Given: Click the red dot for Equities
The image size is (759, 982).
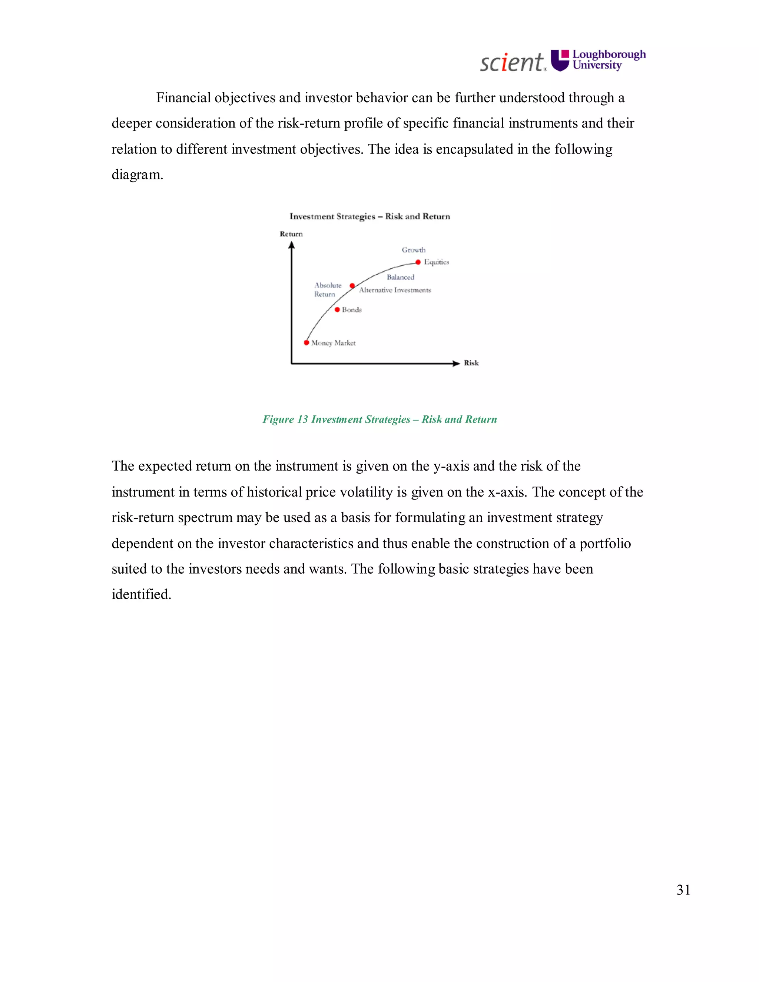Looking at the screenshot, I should pyautogui.click(x=418, y=262).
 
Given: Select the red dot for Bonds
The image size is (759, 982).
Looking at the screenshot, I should pyautogui.click(x=337, y=309).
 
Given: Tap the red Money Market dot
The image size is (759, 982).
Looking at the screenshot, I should pyautogui.click(x=306, y=343).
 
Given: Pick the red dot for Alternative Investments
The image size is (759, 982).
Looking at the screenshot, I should pyautogui.click(x=352, y=285).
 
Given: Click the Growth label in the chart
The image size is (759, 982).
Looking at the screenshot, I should pyautogui.click(x=413, y=250).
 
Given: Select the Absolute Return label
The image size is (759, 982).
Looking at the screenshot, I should pyautogui.click(x=327, y=289).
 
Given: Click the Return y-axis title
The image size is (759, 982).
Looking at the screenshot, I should pyautogui.click(x=291, y=234).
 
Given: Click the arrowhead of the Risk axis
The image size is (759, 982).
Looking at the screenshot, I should pyautogui.click(x=456, y=363).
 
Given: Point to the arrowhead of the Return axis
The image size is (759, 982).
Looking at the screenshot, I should pyautogui.click(x=291, y=245).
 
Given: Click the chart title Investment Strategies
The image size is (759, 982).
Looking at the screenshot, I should pyautogui.click(x=369, y=216).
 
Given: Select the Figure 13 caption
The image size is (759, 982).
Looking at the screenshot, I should pyautogui.click(x=379, y=419).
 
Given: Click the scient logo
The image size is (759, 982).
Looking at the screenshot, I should pyautogui.click(x=512, y=62).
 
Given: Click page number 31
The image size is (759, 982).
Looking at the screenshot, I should pyautogui.click(x=683, y=890).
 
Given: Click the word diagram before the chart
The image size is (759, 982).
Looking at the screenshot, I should pyautogui.click(x=137, y=175).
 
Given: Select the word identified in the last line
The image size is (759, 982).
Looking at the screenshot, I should pyautogui.click(x=141, y=594).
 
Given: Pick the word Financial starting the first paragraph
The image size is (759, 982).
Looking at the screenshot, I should pyautogui.click(x=183, y=97).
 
